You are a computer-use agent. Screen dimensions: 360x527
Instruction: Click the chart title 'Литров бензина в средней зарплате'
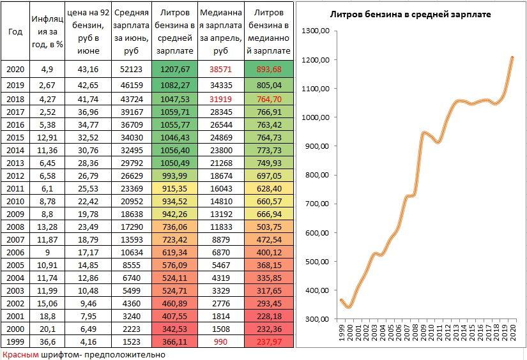pyautogui.click(x=410, y=15)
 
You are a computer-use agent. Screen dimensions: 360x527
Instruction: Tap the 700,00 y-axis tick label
pyautogui.click(x=317, y=204)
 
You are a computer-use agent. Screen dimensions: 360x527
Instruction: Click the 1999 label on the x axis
pyautogui.click(x=343, y=334)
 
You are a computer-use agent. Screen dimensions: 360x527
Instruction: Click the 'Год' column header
pyautogui.click(x=15, y=32)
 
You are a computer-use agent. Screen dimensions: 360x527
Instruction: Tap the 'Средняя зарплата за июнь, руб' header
pyautogui.click(x=131, y=32)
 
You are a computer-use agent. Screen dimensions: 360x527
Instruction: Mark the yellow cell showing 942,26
pyautogui.click(x=173, y=214)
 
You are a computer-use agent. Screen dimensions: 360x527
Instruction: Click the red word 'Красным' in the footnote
pyautogui.click(x=18, y=354)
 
